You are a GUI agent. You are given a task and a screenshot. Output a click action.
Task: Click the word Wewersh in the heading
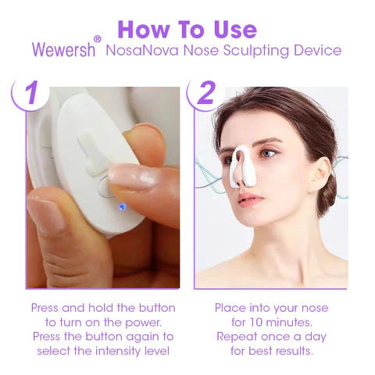(63, 49)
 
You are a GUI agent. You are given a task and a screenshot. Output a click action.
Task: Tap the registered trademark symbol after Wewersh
(97, 39)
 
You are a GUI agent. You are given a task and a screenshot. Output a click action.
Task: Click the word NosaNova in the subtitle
(142, 50)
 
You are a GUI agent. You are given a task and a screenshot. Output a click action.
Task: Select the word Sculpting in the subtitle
(256, 51)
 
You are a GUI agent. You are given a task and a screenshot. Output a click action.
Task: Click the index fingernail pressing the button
(134, 179)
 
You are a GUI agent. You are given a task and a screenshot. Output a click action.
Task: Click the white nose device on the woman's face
(242, 166)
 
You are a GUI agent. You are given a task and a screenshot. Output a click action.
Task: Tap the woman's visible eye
(268, 154)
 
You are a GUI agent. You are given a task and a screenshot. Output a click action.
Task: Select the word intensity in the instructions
(120, 351)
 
